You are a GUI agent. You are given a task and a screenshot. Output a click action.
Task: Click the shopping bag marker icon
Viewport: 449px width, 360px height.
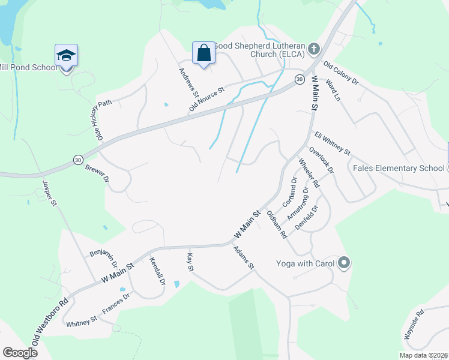click(x=204, y=53)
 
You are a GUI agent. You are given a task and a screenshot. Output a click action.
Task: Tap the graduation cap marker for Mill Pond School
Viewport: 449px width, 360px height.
click(x=66, y=56)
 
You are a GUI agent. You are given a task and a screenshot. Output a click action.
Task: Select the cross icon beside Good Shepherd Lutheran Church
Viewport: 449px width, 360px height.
click(x=313, y=48)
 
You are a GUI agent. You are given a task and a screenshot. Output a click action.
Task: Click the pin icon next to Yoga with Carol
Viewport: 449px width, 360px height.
click(x=344, y=263)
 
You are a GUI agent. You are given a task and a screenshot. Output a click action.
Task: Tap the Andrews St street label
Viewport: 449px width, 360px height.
click(x=188, y=82)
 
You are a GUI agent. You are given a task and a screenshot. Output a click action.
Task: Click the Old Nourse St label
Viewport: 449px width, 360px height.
click(x=206, y=99)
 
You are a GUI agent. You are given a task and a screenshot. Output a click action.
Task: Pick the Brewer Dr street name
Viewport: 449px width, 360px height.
click(x=97, y=173)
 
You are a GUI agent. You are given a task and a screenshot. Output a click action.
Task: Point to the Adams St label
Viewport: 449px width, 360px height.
click(x=244, y=257)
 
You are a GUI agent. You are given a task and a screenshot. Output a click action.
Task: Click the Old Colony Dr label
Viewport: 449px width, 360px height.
click(x=340, y=73)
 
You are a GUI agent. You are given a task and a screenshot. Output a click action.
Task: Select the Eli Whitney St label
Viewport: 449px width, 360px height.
click(x=332, y=144)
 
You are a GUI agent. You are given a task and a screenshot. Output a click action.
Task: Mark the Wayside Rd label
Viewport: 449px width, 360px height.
click(x=414, y=325)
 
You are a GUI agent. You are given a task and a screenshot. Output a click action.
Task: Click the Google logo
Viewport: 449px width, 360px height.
click(x=20, y=353)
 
